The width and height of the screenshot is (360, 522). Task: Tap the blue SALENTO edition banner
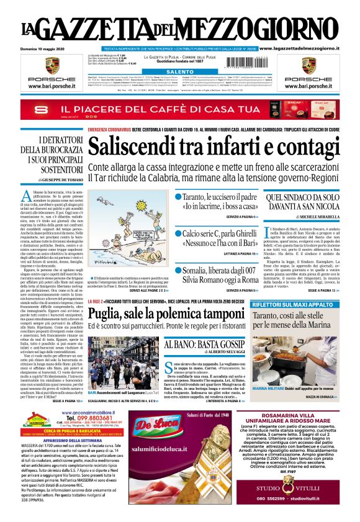pyautogui.click(x=180, y=72)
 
